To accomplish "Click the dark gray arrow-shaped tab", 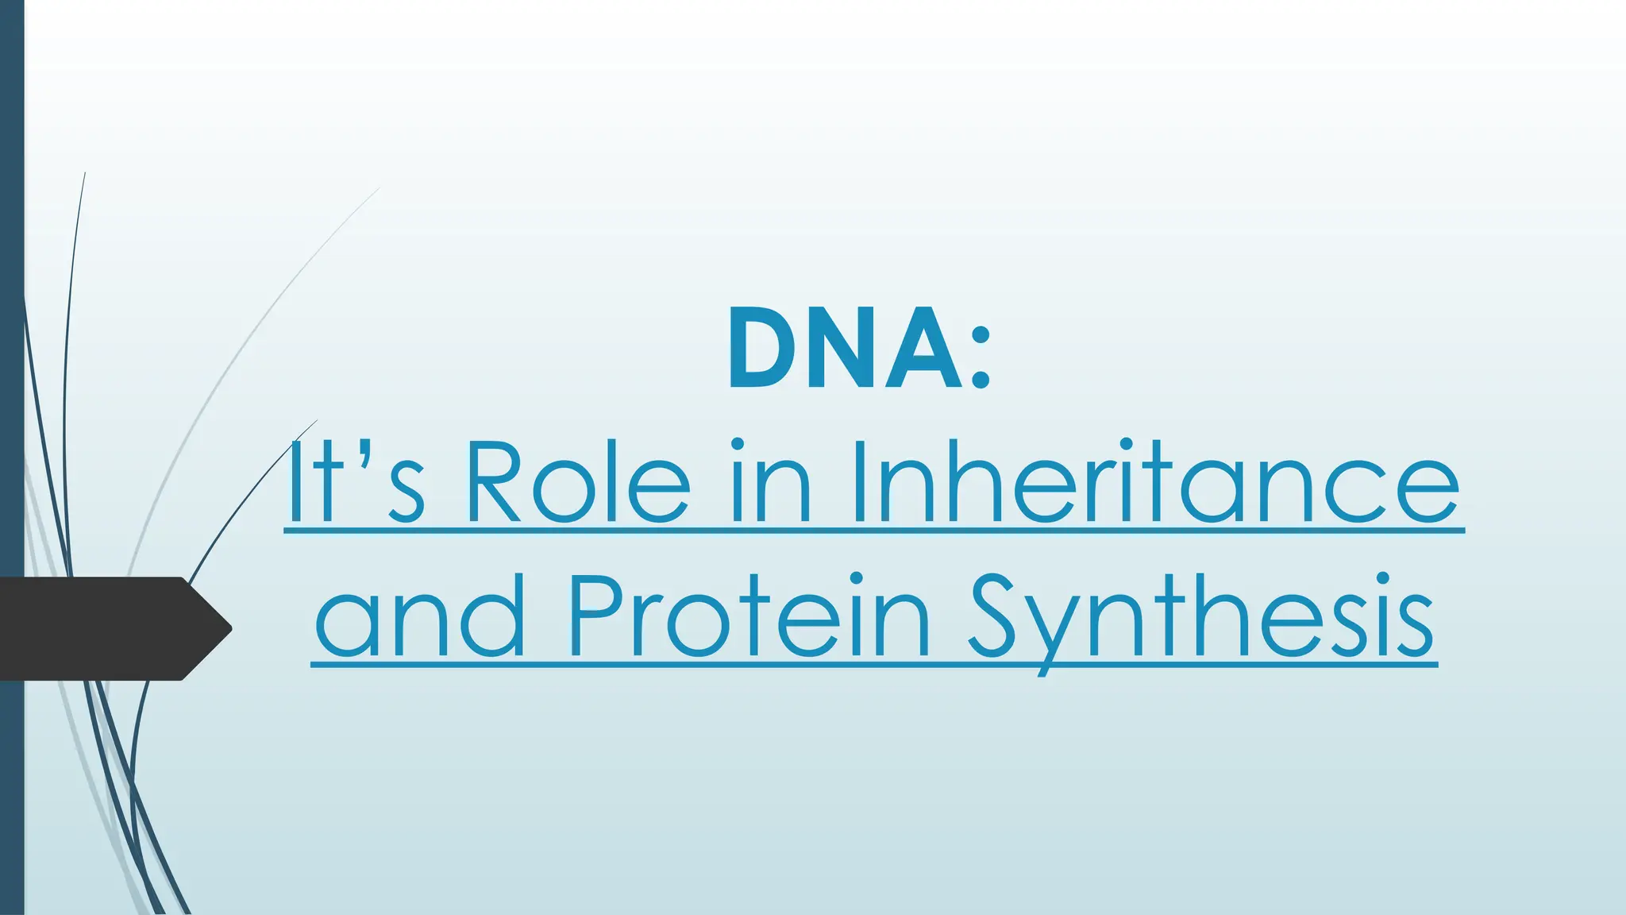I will click(103, 628).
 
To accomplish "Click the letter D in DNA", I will click(763, 349).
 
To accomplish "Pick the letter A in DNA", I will click(924, 349).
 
